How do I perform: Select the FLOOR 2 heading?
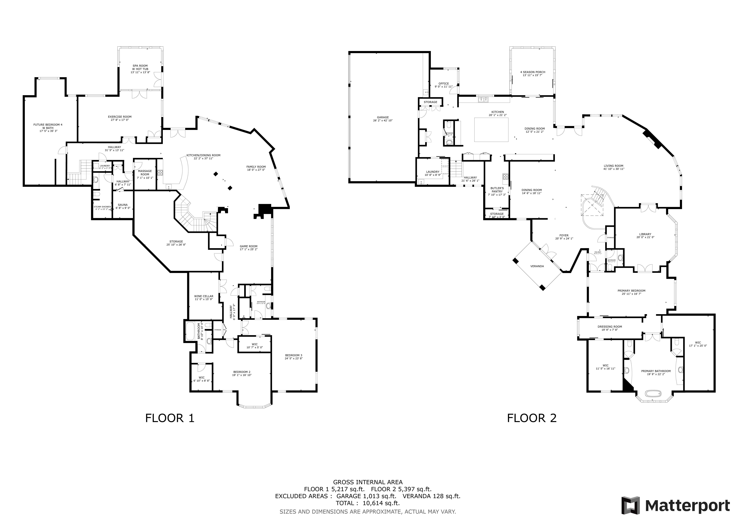click(532, 418)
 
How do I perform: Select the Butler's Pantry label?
click(497, 190)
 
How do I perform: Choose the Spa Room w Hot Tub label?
click(140, 67)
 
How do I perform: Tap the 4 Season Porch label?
click(533, 72)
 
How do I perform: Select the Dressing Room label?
click(610, 327)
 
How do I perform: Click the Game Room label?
click(248, 246)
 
